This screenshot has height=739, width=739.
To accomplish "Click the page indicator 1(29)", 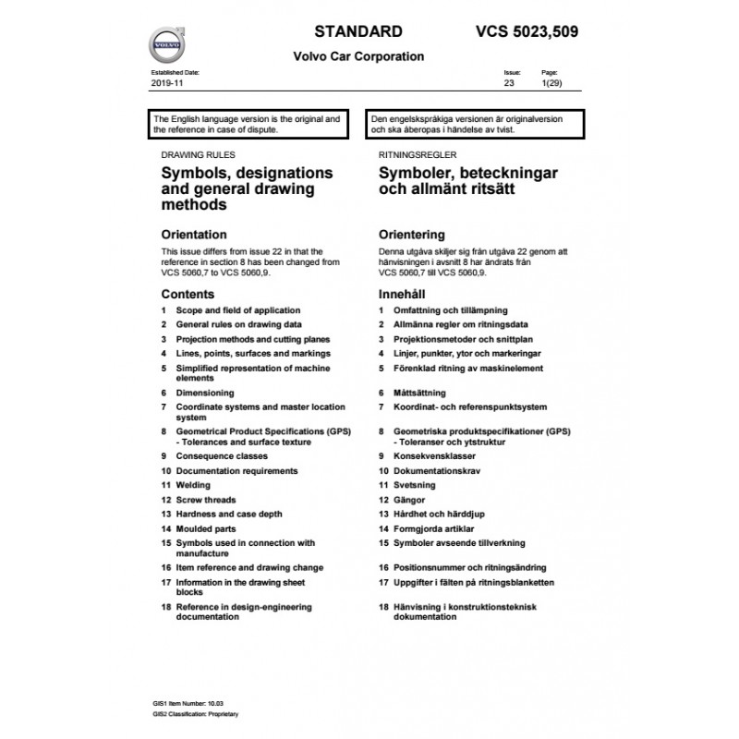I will [551, 83].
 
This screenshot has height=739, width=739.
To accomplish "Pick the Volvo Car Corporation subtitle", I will [358, 55].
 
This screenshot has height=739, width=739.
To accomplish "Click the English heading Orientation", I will [193, 235].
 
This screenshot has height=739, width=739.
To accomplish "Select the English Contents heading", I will [188, 293].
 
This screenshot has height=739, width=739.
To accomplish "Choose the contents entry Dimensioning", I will [205, 393].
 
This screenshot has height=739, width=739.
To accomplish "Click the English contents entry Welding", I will [192, 485].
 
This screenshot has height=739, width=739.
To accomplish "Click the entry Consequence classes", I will [221, 456].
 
